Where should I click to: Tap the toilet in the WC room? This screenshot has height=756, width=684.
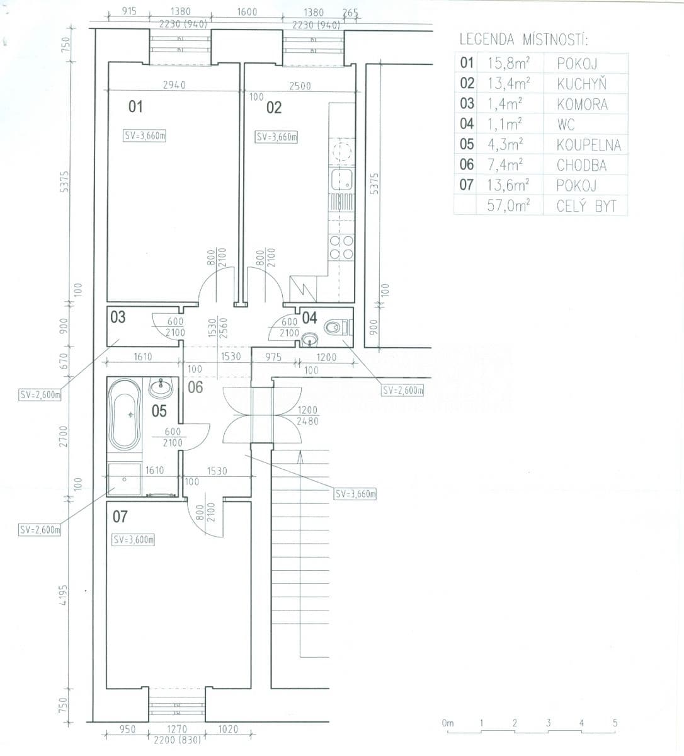(x=334, y=327)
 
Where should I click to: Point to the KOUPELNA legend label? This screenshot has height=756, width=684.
(x=588, y=145)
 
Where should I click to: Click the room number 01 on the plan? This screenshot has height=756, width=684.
(x=135, y=106)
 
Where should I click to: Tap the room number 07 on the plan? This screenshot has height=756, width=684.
(x=120, y=517)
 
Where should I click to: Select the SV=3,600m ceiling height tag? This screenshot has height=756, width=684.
(x=134, y=540)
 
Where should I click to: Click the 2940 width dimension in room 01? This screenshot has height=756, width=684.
(x=174, y=85)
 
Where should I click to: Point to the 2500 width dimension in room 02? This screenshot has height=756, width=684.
(x=300, y=86)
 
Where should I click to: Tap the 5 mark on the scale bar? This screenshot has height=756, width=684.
(x=615, y=723)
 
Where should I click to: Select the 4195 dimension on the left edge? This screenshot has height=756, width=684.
(x=63, y=595)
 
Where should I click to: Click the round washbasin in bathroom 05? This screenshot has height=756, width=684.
(x=161, y=388)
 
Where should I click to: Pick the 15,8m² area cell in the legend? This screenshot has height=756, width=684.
(x=508, y=63)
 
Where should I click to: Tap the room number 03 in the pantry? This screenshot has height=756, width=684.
(x=118, y=317)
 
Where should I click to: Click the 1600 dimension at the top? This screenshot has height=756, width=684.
(x=247, y=11)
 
